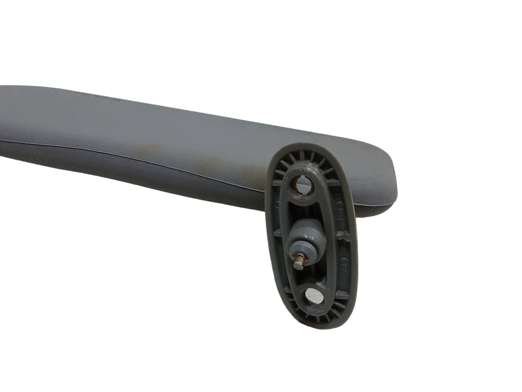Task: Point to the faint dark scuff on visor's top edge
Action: [x=97, y=99]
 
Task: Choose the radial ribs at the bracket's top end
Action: [x=305, y=159]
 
